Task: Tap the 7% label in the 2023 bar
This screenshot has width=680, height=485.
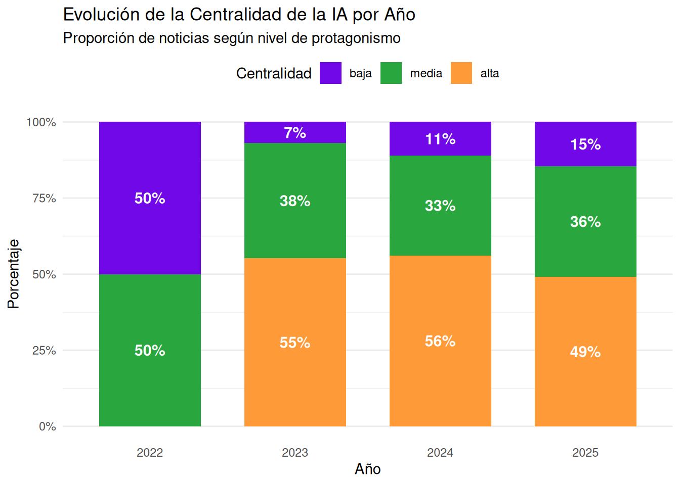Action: [x=295, y=133]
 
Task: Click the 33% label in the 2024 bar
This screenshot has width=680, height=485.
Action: [x=440, y=206]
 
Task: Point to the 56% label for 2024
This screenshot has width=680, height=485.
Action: [x=440, y=341]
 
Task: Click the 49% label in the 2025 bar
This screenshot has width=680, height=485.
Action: [x=585, y=352]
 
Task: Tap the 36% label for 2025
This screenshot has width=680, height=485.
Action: [x=585, y=221]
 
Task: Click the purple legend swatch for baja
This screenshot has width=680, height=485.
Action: [x=330, y=73]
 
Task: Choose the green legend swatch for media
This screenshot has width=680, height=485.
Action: [x=391, y=73]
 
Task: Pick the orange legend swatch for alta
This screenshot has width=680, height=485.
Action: [x=461, y=73]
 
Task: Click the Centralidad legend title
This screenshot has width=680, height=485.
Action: [x=274, y=73]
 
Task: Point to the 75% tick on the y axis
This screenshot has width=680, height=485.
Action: [x=44, y=198]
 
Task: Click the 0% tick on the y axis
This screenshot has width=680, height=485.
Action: [x=48, y=426]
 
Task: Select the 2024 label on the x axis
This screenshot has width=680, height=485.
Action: [x=440, y=453]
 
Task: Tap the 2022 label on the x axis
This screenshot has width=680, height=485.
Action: [x=150, y=453]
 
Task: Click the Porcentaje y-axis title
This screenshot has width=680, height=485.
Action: [x=14, y=274]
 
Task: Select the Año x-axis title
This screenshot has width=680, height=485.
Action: [x=368, y=469]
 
